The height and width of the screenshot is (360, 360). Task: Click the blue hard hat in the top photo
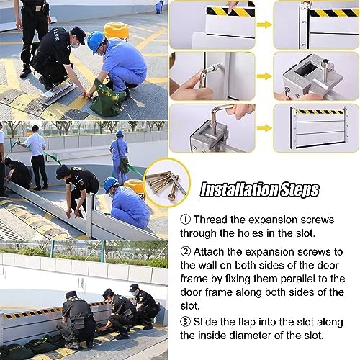(x=96, y=40)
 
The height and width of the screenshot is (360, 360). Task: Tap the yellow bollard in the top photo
(x=116, y=30)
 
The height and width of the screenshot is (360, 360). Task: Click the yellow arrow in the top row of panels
(x=264, y=24)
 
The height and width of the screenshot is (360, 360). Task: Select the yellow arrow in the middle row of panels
(x=264, y=76)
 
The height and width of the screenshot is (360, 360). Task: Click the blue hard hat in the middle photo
(x=110, y=184)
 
